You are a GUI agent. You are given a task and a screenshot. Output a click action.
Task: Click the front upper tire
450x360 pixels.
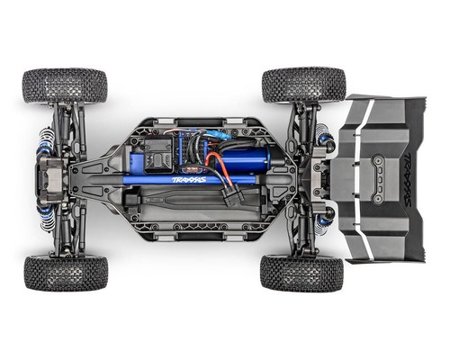tap(65, 85)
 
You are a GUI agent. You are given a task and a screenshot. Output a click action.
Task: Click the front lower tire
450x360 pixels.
tap(66, 273)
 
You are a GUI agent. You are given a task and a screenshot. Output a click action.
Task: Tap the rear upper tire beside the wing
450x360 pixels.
tap(303, 84)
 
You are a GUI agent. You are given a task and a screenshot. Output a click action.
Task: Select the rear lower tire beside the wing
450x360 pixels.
tap(301, 273)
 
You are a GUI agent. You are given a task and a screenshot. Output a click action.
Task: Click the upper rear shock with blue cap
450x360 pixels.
tap(325, 140)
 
